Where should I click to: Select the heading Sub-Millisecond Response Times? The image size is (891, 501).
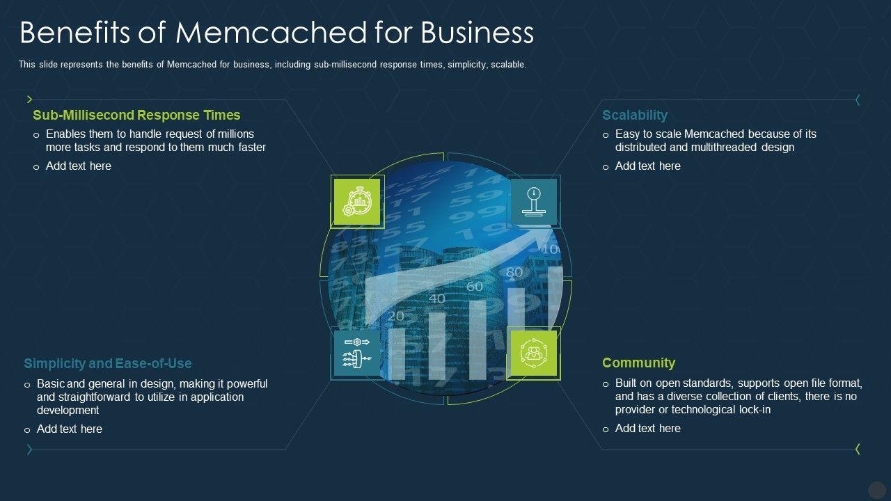click(x=136, y=116)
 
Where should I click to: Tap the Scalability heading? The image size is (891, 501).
click(x=634, y=116)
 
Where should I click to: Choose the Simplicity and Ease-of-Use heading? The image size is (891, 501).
click(x=107, y=363)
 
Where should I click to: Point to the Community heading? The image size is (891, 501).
click(x=638, y=363)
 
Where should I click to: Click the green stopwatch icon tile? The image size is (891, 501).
click(x=357, y=202)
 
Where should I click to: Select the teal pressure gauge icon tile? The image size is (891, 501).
click(x=534, y=202)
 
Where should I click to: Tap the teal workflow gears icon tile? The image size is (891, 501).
click(x=357, y=353)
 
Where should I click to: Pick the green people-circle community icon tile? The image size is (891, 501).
click(x=534, y=353)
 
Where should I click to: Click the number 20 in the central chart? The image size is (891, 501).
click(x=395, y=316)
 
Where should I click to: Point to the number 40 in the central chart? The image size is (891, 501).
click(x=436, y=299)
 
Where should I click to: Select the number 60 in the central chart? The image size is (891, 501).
click(x=474, y=286)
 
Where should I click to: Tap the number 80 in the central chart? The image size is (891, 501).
click(x=514, y=272)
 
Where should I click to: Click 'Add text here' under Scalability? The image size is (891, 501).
click(x=647, y=166)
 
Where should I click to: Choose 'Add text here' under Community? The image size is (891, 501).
click(x=647, y=429)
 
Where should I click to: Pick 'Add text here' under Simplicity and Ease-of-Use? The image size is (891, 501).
click(x=69, y=429)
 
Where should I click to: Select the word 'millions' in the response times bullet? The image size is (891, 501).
click(x=233, y=134)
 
